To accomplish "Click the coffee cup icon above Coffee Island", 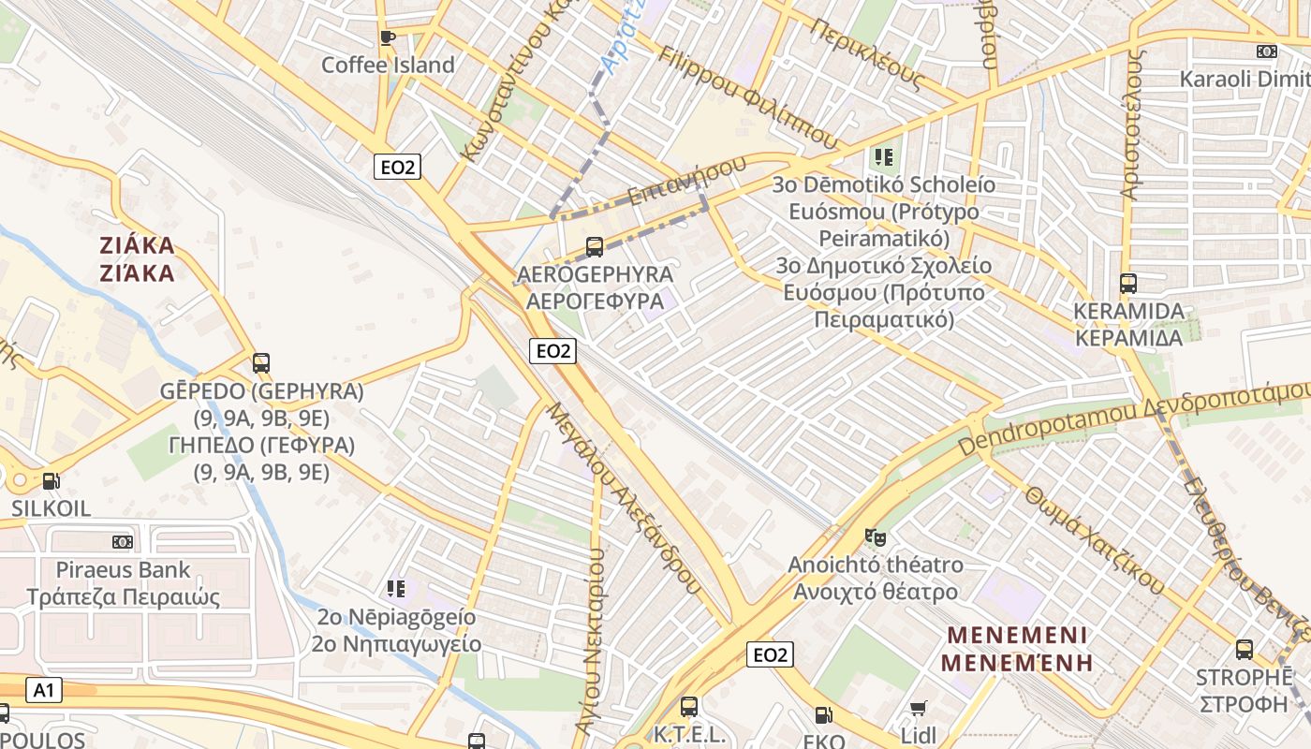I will (387, 37).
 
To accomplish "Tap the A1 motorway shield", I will (43, 691).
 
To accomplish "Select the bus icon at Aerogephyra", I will (594, 247).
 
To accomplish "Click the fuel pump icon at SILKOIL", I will (51, 481).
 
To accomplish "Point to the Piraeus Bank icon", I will (123, 542).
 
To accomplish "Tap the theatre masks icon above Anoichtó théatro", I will (876, 536).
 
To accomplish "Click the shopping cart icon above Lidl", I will (919, 709).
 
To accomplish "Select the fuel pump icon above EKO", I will (823, 715).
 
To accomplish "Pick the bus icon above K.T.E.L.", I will (689, 707).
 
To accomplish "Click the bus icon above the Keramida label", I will (1128, 283).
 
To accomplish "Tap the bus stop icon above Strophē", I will (1245, 649).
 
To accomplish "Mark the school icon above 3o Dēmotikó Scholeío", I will (883, 156).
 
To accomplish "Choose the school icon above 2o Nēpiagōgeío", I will (396, 589).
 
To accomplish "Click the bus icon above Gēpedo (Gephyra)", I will (261, 363).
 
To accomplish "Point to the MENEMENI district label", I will (1017, 636).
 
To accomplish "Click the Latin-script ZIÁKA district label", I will (138, 246).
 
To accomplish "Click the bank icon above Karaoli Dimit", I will (1267, 51).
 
